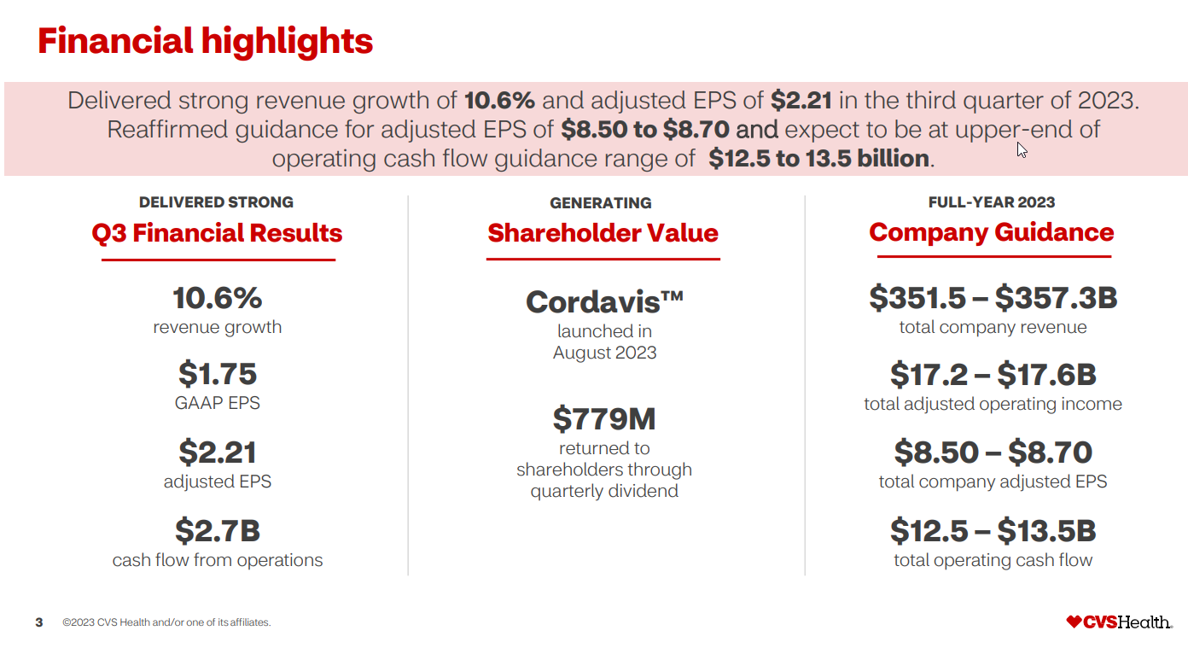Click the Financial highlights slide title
[x=205, y=41]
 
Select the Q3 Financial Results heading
[x=217, y=233]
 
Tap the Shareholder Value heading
[x=603, y=233]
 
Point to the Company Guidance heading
[x=991, y=232]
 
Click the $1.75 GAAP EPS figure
[x=217, y=374]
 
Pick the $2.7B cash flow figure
[x=217, y=531]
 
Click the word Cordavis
[x=604, y=301]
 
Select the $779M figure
[x=604, y=419]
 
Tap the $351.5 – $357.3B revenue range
[x=993, y=298]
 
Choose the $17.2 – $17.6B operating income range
[x=993, y=375]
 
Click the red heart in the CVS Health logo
[x=1074, y=622]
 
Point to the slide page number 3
[x=39, y=622]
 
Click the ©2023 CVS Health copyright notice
[x=166, y=622]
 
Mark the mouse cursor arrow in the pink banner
[x=1021, y=149]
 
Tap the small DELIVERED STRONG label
[x=216, y=202]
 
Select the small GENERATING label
[x=600, y=203]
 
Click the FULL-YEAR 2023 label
[x=991, y=202]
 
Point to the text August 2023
[x=604, y=353]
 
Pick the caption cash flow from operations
[x=218, y=560]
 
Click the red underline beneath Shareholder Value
[x=603, y=259]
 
